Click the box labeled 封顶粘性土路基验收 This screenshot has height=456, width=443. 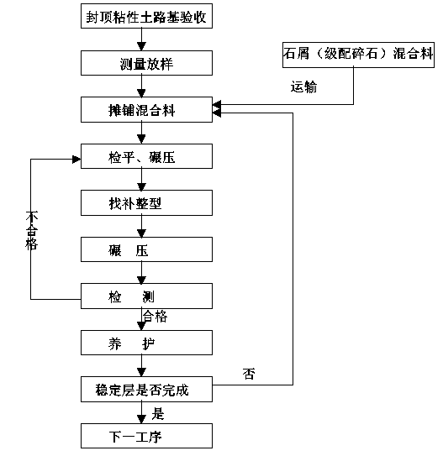[x=146, y=16]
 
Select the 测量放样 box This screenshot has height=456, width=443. [x=146, y=63]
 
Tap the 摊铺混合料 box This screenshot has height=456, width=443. [x=146, y=110]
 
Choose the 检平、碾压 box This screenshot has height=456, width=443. [x=146, y=156]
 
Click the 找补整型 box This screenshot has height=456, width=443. [x=146, y=203]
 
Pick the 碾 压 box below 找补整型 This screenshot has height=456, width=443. [x=146, y=249]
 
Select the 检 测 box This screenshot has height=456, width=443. [x=146, y=296]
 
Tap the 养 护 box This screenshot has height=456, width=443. [x=146, y=343]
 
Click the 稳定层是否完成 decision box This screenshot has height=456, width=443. [x=146, y=390]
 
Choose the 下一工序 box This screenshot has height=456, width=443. [x=146, y=436]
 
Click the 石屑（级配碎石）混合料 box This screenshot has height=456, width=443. [x=358, y=55]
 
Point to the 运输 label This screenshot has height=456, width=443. [x=303, y=86]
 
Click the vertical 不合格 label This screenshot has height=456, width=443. [x=31, y=231]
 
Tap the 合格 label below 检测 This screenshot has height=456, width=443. [x=155, y=316]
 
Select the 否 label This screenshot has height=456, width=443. [x=249, y=374]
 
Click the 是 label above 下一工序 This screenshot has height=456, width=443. [x=158, y=413]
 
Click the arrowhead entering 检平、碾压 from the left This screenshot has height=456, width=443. [x=76, y=160]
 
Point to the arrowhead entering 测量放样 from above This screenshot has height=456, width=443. [x=141, y=46]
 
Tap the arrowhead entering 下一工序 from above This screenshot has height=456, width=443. [x=141, y=419]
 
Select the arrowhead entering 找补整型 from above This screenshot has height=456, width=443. [x=141, y=186]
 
